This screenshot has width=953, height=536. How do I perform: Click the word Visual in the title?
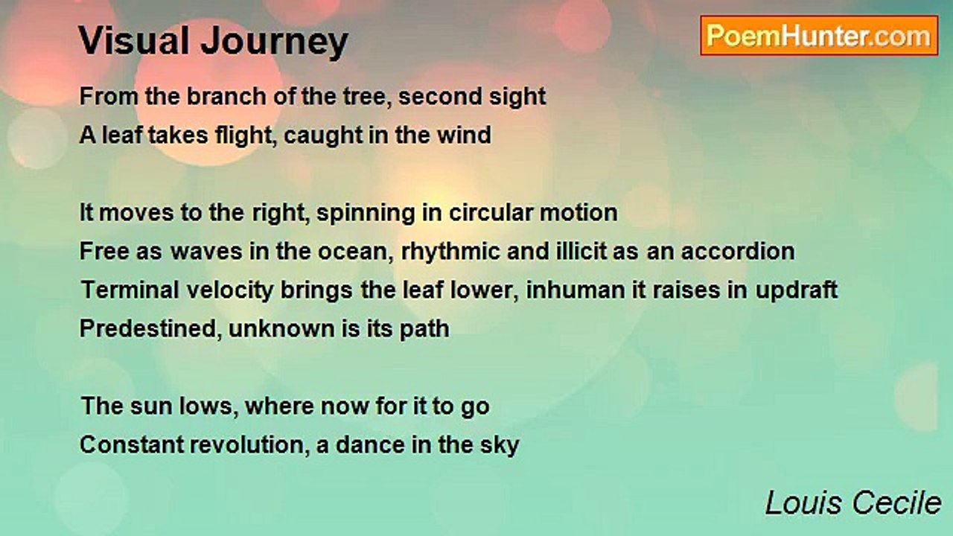tap(134, 40)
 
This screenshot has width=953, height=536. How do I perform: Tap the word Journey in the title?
tap(275, 42)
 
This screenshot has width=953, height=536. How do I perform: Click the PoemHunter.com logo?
tap(819, 36)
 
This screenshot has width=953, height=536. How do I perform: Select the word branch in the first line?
tap(226, 96)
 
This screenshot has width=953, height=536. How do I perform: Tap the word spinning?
tap(366, 214)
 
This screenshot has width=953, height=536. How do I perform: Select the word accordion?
tap(738, 251)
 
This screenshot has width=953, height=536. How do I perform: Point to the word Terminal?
tap(130, 290)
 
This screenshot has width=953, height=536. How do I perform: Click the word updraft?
tap(797, 291)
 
